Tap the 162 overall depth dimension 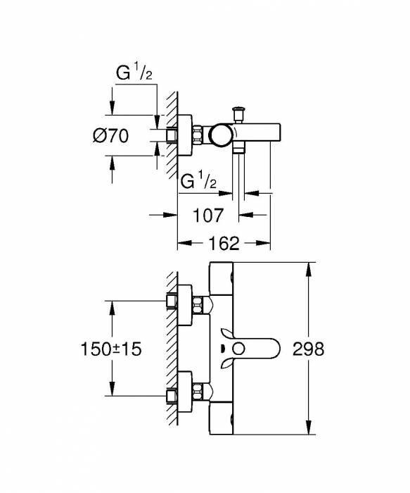(x=224, y=244)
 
